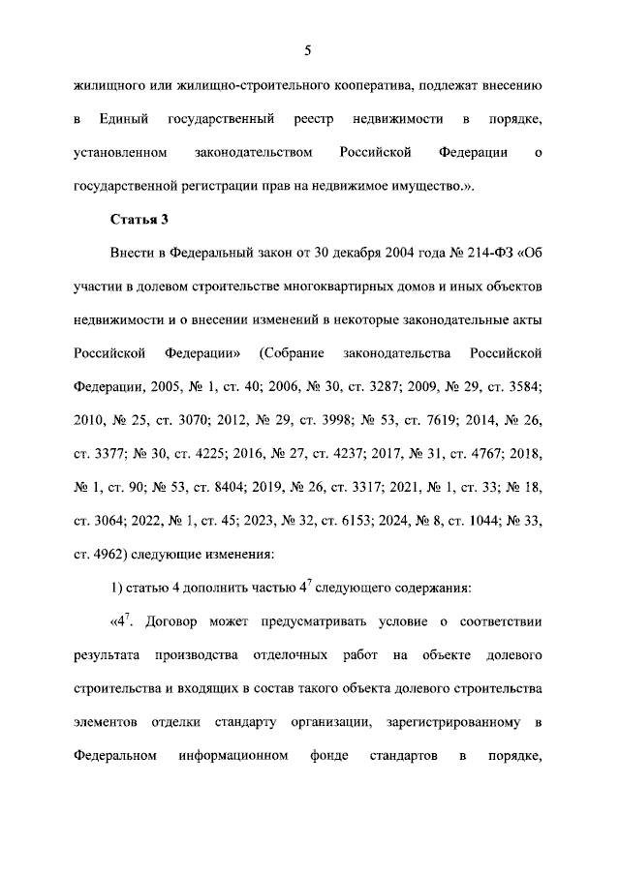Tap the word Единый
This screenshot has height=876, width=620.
[123, 119]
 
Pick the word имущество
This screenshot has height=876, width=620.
[424, 186]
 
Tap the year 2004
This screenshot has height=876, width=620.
[403, 255]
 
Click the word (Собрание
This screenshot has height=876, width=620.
[303, 354]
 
